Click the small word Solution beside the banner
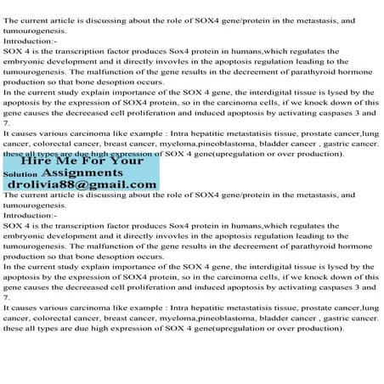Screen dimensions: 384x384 (x=20, y=174)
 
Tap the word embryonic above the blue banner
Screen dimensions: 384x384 (x=26, y=62)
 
